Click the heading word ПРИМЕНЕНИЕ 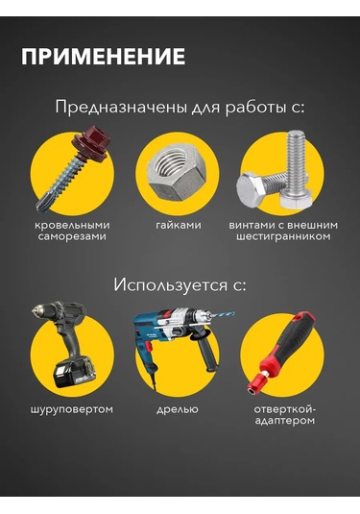click(103, 57)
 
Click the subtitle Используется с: click(180, 284)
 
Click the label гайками click(179, 224)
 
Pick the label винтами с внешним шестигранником click(285, 230)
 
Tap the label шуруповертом click(72, 409)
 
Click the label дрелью click(178, 409)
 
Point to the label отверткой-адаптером click(285, 415)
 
